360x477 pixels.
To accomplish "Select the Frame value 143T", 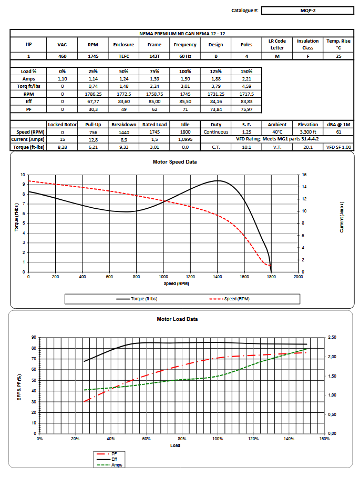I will click(x=155, y=56).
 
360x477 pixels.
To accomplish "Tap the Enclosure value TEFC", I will click(x=124, y=56).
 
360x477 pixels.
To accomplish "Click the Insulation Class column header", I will click(x=308, y=44).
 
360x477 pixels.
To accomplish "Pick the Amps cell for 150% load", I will click(x=246, y=78).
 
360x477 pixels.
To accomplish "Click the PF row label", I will click(x=29, y=109).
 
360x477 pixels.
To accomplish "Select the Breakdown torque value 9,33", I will click(x=124, y=147).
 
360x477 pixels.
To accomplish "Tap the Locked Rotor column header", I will click(x=63, y=125).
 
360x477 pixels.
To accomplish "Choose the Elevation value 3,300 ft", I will click(x=308, y=132).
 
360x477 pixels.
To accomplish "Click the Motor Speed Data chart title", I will click(x=174, y=161).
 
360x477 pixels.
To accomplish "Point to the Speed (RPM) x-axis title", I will click(x=162, y=283).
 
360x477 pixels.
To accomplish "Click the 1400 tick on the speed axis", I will click(x=217, y=277).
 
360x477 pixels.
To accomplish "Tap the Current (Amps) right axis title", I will click(x=342, y=217).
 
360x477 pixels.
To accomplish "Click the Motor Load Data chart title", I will click(x=177, y=319).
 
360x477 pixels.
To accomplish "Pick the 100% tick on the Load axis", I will click(x=218, y=438).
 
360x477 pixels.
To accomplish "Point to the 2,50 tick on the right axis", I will click(x=333, y=337).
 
